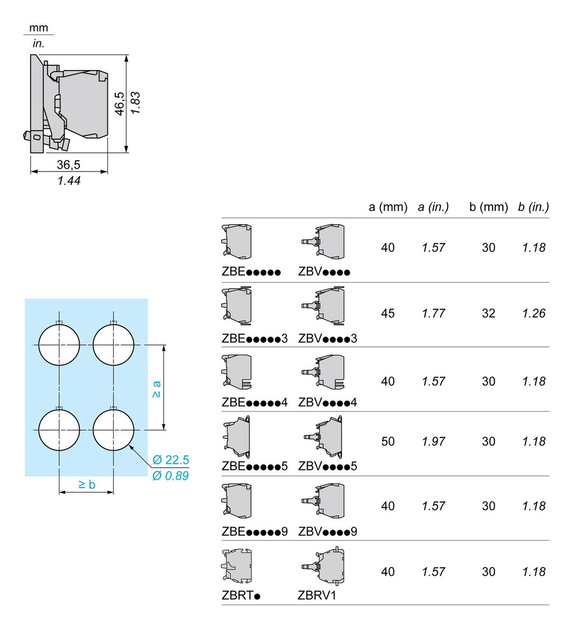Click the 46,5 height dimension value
pyautogui.click(x=119, y=103)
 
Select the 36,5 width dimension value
pyautogui.click(x=69, y=165)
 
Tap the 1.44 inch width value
pyautogui.click(x=69, y=181)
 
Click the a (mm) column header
pyautogui.click(x=388, y=207)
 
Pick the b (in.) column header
pyautogui.click(x=534, y=207)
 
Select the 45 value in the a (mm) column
pyautogui.click(x=388, y=313)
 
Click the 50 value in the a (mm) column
pyautogui.click(x=388, y=442)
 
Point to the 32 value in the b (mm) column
pyautogui.click(x=489, y=313)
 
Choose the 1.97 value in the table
pyautogui.click(x=434, y=442)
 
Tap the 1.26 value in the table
pyautogui.click(x=534, y=313)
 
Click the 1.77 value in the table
pyautogui.click(x=434, y=313)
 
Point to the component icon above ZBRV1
pyautogui.click(x=323, y=566)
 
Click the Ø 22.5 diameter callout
pyautogui.click(x=170, y=460)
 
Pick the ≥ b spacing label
pyautogui.click(x=86, y=484)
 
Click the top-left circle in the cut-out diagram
pyautogui.click(x=59, y=345)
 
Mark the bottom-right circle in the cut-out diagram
pyautogui.click(x=113, y=430)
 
